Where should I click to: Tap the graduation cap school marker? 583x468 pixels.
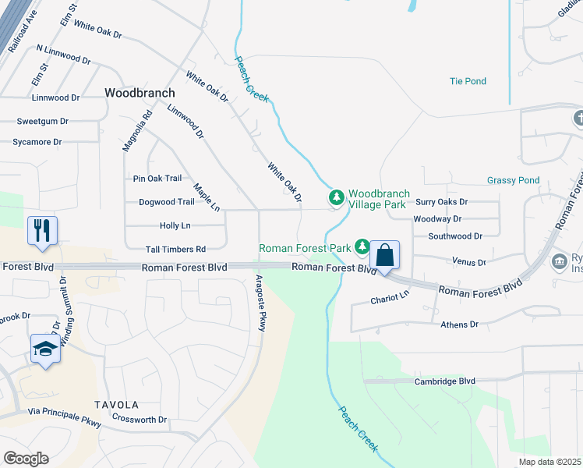46,349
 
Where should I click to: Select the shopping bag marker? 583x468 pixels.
385,255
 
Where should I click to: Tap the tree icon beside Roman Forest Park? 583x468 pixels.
362,247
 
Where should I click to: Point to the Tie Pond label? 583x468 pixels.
468,81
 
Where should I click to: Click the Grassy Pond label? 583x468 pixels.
513,180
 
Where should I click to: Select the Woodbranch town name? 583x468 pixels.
140,92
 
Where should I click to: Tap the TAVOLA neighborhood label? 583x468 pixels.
116,405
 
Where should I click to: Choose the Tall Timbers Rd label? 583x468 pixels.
175,250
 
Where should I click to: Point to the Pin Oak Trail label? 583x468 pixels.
157,179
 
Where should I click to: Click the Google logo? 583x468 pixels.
26,459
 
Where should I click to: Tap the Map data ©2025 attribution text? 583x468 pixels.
549,462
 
